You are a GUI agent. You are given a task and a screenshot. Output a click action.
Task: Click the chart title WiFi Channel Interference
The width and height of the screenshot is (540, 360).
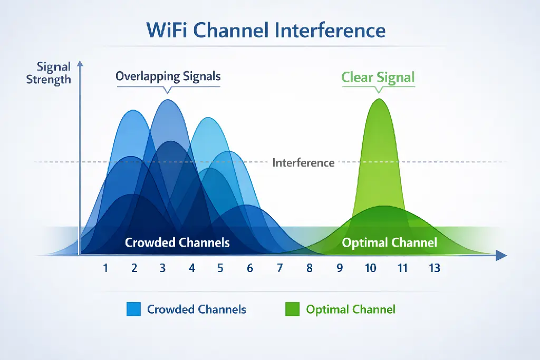pos(266,30)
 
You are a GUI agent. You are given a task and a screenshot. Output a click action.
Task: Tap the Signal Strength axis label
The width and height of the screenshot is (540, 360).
pos(49,73)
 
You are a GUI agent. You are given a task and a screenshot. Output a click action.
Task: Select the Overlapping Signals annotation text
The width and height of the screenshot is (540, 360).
pos(168,76)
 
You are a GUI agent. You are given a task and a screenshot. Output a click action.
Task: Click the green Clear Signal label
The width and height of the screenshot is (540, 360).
pos(378,77)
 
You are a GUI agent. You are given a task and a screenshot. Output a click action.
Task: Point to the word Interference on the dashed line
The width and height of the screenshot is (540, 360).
pos(303,162)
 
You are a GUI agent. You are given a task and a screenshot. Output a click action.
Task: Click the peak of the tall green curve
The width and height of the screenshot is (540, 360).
pos(378,100)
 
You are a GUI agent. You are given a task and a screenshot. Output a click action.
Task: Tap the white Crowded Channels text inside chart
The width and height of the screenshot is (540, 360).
pos(177,242)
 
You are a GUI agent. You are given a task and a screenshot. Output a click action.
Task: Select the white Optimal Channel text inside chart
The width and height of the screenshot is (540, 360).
pos(389,242)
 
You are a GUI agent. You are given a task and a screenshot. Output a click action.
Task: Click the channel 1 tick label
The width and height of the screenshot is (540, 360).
pos(106,268)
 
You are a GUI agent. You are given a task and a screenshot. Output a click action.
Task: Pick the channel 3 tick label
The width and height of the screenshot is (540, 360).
pos(163,268)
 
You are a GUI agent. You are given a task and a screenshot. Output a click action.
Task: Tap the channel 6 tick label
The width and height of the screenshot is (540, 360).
pos(249,268)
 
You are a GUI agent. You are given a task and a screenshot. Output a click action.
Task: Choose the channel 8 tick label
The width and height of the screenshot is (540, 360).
pos(309,268)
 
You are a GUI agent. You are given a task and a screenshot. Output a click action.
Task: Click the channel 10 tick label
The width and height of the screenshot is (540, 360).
pos(371,268)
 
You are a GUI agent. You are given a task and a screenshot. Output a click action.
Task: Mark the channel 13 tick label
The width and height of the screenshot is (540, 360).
pos(434,268)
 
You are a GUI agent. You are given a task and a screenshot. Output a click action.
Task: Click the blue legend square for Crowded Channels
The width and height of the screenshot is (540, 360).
pos(133,309)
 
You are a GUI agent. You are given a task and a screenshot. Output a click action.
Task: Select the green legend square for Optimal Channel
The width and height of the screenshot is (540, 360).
pos(292,309)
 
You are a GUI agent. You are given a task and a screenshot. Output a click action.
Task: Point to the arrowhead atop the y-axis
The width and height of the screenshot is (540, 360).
pos(80,65)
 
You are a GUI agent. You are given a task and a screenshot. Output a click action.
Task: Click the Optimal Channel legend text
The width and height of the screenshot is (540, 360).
pos(351,309)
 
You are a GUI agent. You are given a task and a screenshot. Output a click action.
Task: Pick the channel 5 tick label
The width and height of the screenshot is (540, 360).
pos(220,268)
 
